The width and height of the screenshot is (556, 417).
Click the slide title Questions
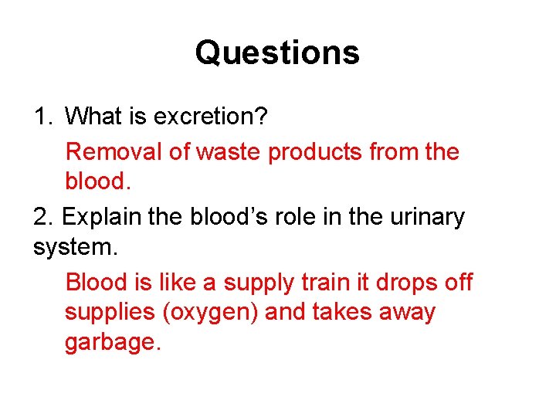[277, 53]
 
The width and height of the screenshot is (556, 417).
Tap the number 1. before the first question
[42, 117]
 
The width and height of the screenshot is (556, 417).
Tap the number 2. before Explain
[43, 217]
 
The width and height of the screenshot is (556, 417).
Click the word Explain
[100, 218]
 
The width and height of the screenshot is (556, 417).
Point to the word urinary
[422, 218]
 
